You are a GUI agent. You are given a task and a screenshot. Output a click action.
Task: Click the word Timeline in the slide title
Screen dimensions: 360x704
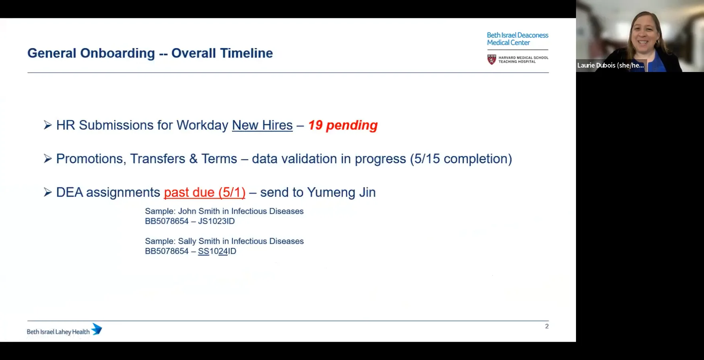point(246,53)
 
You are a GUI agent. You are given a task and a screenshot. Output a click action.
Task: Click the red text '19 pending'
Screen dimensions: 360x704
point(343,125)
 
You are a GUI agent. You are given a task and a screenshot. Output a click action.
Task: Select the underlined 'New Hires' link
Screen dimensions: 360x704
point(262,125)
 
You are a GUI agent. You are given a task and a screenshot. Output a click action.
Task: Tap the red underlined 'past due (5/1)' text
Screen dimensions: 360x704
point(204,192)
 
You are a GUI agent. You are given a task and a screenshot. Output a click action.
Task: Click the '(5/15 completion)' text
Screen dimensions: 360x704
point(461,159)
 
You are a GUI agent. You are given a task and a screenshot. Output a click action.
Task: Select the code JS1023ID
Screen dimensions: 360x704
point(216,221)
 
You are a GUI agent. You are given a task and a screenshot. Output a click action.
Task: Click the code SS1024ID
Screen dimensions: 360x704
point(217,251)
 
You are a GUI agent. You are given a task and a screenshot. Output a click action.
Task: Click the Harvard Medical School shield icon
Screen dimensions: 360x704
point(492,60)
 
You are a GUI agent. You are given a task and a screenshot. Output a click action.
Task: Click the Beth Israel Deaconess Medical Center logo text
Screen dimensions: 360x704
point(517,39)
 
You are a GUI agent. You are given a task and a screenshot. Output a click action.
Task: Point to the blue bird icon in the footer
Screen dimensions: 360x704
point(97,329)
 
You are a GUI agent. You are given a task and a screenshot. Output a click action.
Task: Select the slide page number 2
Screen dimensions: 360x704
point(547,326)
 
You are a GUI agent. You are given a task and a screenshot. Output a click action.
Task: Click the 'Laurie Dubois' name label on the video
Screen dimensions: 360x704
point(610,65)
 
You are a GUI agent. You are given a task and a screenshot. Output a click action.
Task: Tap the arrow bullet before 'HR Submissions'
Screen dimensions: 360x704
point(48,125)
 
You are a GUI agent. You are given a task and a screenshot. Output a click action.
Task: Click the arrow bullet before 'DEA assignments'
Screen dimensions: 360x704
point(48,192)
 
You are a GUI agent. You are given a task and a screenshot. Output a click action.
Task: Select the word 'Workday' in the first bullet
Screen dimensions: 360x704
point(202,125)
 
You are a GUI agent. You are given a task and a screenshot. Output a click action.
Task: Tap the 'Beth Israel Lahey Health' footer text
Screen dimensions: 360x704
point(58,332)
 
